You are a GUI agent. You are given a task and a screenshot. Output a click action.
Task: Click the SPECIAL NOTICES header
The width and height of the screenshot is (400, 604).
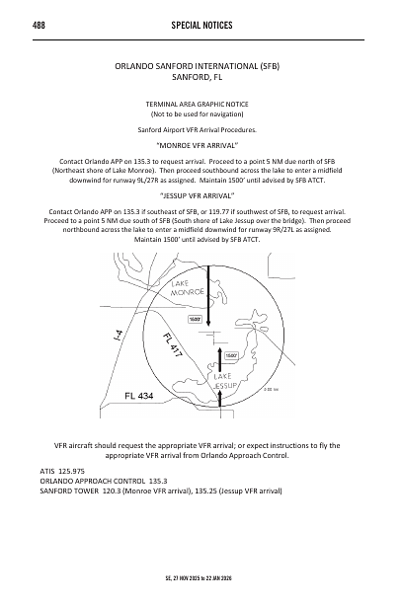point(200,23)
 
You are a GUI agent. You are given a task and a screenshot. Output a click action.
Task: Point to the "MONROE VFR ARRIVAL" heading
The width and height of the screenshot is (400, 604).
point(200,144)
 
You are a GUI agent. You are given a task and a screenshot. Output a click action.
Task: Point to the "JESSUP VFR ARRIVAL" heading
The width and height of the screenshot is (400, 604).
point(200,196)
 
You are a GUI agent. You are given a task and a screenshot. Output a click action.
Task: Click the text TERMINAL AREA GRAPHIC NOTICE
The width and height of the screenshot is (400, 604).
point(200,104)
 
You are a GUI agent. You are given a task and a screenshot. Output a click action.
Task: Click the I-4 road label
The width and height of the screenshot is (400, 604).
point(118,337)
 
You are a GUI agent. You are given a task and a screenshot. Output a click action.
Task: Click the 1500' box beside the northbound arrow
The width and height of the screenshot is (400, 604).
point(230,355)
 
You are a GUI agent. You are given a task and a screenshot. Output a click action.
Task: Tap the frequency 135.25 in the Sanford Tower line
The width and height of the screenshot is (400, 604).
point(219,491)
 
